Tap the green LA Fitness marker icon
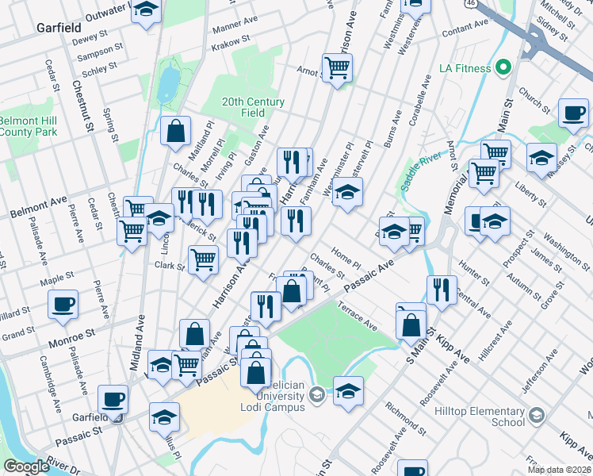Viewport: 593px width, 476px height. click(x=503, y=68)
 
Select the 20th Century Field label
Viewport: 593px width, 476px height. click(x=253, y=107)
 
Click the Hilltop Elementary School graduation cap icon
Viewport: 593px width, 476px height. click(x=537, y=415)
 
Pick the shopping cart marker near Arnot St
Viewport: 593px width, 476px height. click(x=338, y=69)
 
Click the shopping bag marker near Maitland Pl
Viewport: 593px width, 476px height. click(x=175, y=131)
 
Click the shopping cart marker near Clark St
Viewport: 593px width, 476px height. click(x=204, y=258)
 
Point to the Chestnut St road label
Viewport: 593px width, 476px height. click(x=83, y=105)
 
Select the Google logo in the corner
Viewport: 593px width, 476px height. click(x=26, y=466)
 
